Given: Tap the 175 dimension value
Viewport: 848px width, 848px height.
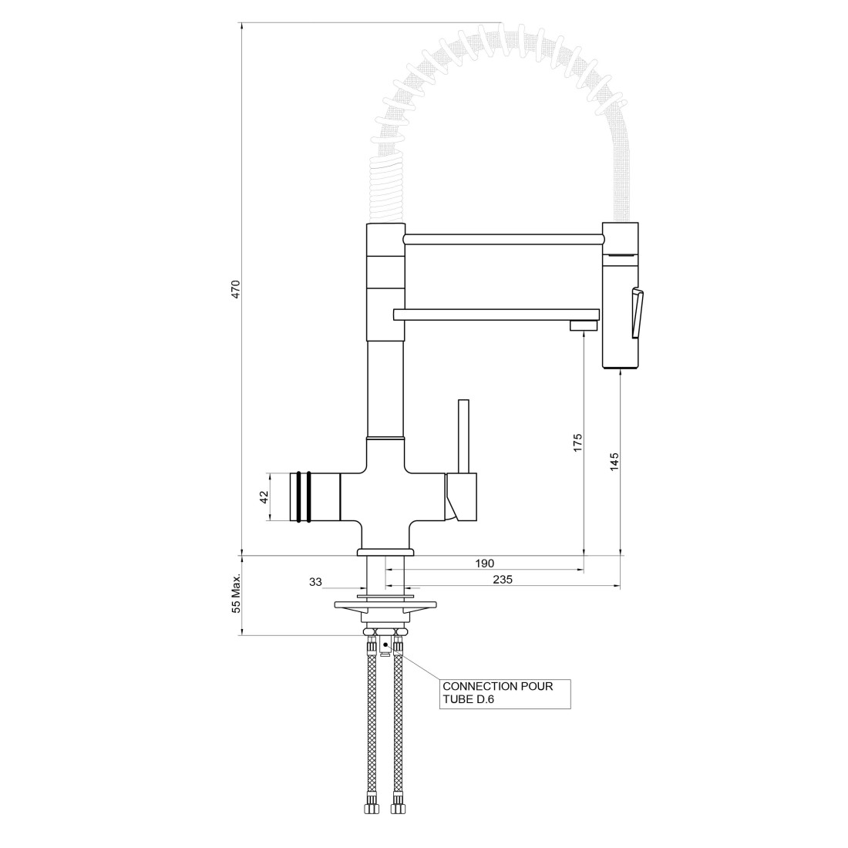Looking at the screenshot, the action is [577, 443].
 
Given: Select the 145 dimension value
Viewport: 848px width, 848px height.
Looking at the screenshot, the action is [614, 462].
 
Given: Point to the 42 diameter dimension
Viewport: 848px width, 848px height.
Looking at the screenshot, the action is [264, 497].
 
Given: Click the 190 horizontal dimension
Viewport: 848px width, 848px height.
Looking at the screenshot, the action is [485, 564].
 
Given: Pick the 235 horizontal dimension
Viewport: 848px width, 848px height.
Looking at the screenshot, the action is [503, 580].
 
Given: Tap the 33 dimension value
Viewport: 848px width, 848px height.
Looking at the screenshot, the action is [315, 582].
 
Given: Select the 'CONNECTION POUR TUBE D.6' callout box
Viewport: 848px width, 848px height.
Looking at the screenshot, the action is [505, 694].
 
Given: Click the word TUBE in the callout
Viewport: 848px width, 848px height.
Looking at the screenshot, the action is [456, 699].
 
